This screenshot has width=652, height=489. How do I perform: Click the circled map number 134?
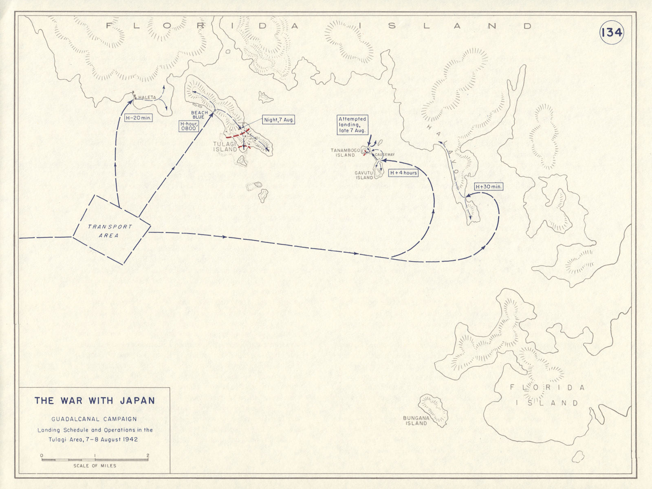tap(611, 32)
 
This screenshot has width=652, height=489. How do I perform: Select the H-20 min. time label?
tap(138, 118)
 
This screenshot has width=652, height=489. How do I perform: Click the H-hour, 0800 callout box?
tap(188, 125)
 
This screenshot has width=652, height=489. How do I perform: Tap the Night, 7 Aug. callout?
tap(278, 120)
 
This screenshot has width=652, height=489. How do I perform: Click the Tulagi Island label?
tap(225, 147)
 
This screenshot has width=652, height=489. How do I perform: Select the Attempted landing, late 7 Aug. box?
tap(352, 125)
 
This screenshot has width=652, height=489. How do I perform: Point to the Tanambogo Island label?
tap(345, 153)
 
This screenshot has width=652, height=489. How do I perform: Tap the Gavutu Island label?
tap(364, 175)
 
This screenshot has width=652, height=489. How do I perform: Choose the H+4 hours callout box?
tap(403, 173)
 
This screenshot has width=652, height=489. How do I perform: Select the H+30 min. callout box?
tap(489, 186)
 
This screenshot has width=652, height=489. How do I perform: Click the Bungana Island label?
tap(416, 420)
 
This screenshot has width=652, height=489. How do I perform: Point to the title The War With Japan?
tap(95, 400)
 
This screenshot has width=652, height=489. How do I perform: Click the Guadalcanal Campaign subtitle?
tap(94, 419)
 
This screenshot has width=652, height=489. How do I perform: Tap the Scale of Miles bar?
tap(95, 460)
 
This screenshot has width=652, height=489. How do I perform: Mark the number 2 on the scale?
tap(148, 455)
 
